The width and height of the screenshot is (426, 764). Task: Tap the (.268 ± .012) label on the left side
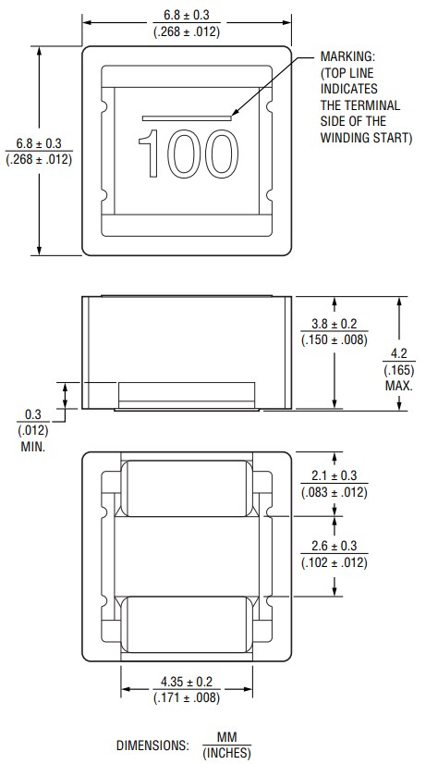pyautogui.click(x=39, y=158)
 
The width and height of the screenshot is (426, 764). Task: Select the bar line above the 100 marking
pyautogui.click(x=187, y=117)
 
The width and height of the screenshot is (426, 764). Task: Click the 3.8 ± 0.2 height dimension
pyautogui.click(x=335, y=324)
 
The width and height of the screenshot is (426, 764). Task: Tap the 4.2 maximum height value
pyautogui.click(x=399, y=353)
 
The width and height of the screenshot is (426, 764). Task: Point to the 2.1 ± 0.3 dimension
pyautogui.click(x=335, y=476)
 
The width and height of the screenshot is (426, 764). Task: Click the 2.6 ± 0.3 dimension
pyautogui.click(x=335, y=546)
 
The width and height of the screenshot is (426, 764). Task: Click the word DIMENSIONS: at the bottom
pyautogui.click(x=152, y=746)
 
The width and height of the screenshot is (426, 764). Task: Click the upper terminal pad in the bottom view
pyautogui.click(x=188, y=489)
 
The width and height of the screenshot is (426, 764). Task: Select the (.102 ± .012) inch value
pyautogui.click(x=335, y=561)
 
